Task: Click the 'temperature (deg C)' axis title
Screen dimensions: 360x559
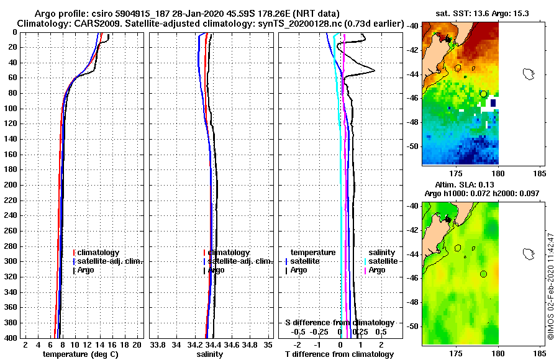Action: point(80,354)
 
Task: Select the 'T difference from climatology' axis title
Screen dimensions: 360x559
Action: point(339,354)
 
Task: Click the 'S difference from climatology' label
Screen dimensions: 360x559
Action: point(339,323)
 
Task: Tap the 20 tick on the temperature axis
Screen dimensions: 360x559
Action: point(137,344)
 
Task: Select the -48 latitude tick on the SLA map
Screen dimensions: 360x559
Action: point(414,302)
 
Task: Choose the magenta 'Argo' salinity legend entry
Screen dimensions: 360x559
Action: point(376,271)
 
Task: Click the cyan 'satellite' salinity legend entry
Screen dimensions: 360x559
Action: point(381,261)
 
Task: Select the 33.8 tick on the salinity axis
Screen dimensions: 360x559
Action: point(158,344)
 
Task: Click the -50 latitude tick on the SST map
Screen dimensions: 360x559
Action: point(414,146)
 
